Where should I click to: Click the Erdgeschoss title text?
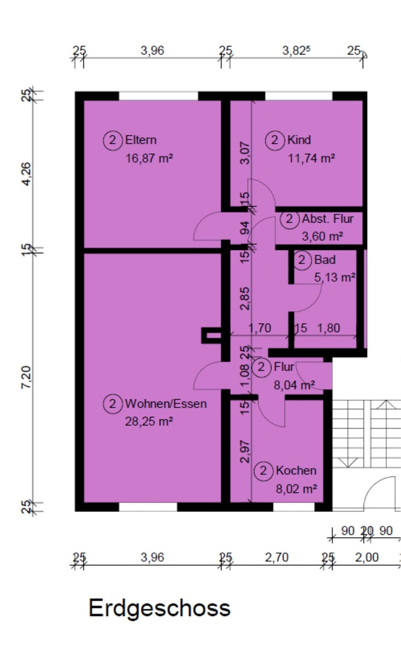[x=159, y=608]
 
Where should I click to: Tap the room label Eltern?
[x=141, y=140]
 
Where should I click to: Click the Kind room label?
[x=299, y=140]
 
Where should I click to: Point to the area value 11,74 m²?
[x=311, y=159]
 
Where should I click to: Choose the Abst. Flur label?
[x=327, y=219]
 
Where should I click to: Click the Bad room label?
[x=324, y=260]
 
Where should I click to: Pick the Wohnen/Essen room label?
[x=166, y=404]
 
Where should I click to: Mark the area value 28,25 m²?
[x=149, y=421]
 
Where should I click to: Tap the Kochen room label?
[x=296, y=471]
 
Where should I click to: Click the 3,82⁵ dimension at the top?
[x=296, y=51]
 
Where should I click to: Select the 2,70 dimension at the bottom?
[x=277, y=557]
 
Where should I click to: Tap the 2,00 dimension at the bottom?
[x=366, y=557]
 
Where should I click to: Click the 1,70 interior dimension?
[x=259, y=328]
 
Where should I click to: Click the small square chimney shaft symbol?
[x=211, y=336]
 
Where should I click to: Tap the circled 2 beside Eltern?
[x=112, y=140]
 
